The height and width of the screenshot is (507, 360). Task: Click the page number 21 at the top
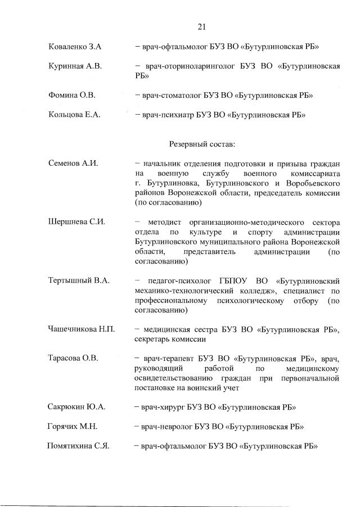203,26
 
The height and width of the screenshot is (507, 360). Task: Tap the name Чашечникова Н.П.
81,329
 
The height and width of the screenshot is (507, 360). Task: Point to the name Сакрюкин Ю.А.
77,406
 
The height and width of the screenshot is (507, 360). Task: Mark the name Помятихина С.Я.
78,446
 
